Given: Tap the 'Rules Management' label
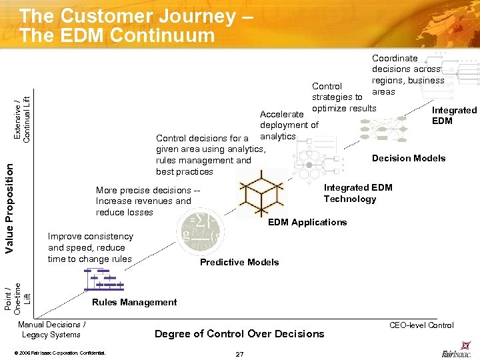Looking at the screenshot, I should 134,303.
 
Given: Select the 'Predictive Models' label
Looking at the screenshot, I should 239,262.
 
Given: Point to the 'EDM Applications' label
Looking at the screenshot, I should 307,222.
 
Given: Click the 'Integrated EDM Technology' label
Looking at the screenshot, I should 358,193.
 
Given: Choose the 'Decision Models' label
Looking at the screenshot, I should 409,158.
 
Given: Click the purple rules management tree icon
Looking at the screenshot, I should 103,279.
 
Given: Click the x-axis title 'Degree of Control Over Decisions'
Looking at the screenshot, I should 239,333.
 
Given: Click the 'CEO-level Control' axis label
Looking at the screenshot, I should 421,325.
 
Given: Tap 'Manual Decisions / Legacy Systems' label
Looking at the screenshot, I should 51,329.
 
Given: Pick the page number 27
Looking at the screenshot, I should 239,353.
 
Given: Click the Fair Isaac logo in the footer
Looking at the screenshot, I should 457,351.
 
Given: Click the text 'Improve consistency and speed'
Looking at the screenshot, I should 90,247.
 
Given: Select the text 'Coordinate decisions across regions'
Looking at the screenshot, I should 407,75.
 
